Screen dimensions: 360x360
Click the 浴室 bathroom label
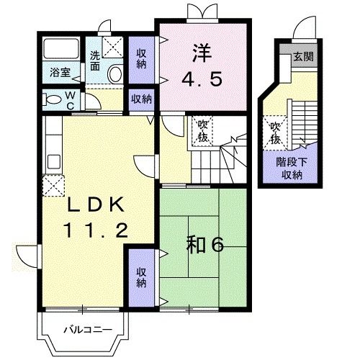pyautogui.click(x=60, y=72)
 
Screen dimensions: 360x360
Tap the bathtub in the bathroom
pyautogui.click(x=61, y=49)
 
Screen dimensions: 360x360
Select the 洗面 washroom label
pyautogui.click(x=95, y=61)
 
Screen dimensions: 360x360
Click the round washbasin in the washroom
pyautogui.click(x=115, y=73)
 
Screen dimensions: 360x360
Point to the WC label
pyautogui.click(x=70, y=100)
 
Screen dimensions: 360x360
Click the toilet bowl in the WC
pyautogui.click(x=52, y=100)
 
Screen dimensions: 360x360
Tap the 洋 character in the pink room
pyautogui.click(x=202, y=53)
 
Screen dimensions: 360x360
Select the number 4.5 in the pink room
pyautogui.click(x=202, y=79)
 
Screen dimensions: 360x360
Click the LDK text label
pyautogui.click(x=96, y=204)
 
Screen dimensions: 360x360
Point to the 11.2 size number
pyautogui.click(x=96, y=230)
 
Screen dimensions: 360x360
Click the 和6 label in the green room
pyautogui.click(x=205, y=244)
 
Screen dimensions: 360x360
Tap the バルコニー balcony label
pyautogui.click(x=88, y=330)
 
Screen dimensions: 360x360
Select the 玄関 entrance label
pyautogui.click(x=304, y=57)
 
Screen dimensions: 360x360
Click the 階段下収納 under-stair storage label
pyautogui.click(x=292, y=168)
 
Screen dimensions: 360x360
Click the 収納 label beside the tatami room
pyautogui.click(x=141, y=278)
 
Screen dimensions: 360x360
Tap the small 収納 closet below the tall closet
pyautogui.click(x=141, y=99)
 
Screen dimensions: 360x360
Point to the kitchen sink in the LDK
pyautogui.click(x=54, y=161)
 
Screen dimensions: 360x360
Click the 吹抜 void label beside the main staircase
pyautogui.click(x=202, y=131)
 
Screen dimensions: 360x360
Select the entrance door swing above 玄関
pyautogui.click(x=305, y=27)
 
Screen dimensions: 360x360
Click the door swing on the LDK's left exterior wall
pyautogui.click(x=27, y=256)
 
